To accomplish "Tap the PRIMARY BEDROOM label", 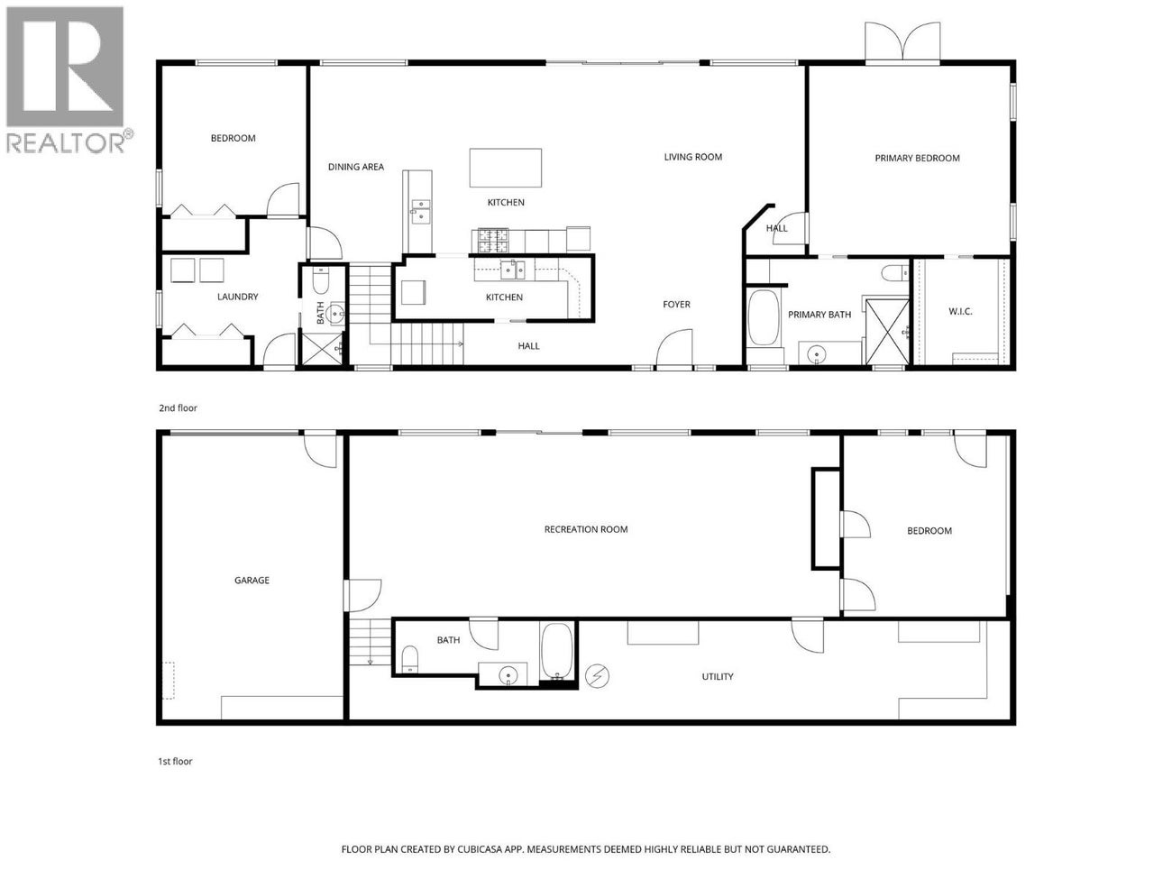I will point(917,158).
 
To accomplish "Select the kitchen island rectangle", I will point(505,168).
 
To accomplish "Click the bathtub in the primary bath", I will point(765,317).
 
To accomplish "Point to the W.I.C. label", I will point(960,312).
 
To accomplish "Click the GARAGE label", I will point(252,581).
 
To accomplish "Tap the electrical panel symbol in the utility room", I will point(597,674).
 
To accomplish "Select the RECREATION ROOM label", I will point(586,529).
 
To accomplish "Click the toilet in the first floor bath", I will point(409,659).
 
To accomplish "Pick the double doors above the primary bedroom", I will point(902,42).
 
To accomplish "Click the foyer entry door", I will point(674,350).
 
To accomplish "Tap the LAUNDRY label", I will point(238,297).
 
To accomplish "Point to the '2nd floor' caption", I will point(178,408).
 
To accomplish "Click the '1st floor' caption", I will point(175,762).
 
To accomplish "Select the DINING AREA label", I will point(355,167).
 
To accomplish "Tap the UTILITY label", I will point(718,676).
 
